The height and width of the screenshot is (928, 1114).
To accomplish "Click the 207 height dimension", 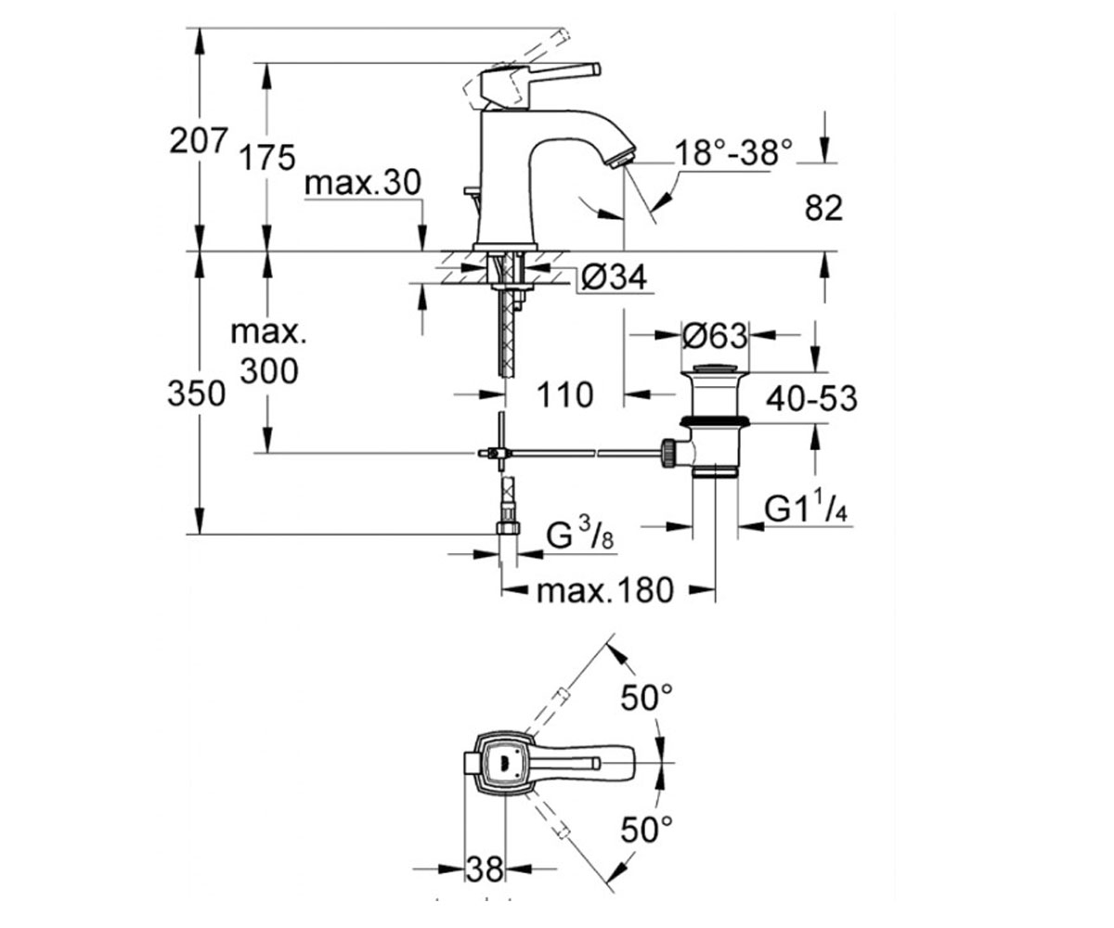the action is tap(199, 141).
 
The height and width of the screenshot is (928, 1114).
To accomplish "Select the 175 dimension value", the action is tap(266, 158).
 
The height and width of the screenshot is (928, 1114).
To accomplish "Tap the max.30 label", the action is tap(363, 183).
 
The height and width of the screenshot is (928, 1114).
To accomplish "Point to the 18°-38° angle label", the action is tap(734, 152).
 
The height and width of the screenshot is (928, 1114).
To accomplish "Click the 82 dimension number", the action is tap(823, 208).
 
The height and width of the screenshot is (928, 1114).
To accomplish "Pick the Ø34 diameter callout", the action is tap(614, 277).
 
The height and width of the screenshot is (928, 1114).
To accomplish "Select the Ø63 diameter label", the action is tap(715, 336).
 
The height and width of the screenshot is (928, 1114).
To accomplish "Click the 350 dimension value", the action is tap(196, 394).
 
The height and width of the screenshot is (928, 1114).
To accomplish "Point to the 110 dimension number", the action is tap(565, 395).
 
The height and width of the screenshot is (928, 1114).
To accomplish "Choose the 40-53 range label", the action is tap(812, 398).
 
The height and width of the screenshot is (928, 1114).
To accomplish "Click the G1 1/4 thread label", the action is tap(806, 509).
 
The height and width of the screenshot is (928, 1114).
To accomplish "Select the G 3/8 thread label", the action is tap(580, 536).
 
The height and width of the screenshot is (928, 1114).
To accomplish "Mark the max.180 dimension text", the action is tap(605, 591).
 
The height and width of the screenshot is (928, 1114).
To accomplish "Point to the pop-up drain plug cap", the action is tap(715, 367).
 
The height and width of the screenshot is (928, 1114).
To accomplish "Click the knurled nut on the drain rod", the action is tap(667, 453).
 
